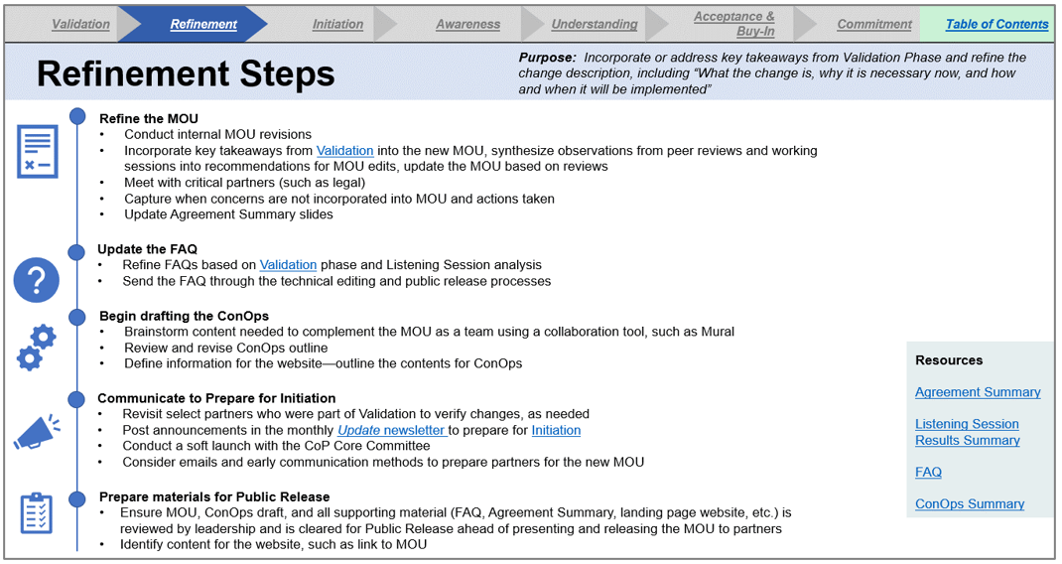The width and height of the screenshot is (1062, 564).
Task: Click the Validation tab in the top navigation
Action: tap(80, 24)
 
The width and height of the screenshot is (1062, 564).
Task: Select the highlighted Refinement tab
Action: tap(203, 24)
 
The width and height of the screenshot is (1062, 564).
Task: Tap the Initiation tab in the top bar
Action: tap(337, 24)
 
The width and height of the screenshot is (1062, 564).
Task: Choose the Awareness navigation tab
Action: tap(467, 24)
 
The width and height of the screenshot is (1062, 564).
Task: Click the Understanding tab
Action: tap(595, 24)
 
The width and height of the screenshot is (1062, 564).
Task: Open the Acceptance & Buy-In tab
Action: tap(734, 24)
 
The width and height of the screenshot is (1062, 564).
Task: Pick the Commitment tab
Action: tap(874, 24)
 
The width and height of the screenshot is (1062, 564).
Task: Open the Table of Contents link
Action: tap(996, 24)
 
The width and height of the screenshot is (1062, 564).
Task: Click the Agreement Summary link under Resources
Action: tap(978, 392)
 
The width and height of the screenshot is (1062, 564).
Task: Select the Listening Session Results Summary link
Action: tap(968, 432)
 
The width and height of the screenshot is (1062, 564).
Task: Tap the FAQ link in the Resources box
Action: tap(928, 472)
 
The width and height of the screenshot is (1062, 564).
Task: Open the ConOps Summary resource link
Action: tap(970, 503)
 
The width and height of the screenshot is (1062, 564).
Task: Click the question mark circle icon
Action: tap(37, 282)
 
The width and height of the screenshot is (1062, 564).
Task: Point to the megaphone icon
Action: tap(37, 432)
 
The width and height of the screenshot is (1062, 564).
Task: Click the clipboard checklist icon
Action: tap(37, 512)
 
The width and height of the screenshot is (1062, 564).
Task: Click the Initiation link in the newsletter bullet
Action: tap(556, 430)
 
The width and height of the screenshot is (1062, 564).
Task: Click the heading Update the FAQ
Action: tap(147, 249)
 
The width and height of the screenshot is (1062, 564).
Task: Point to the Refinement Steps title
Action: tap(186, 73)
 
